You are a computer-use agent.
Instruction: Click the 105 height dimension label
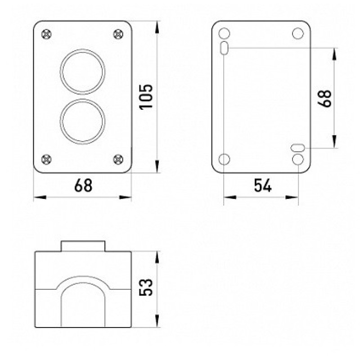(x=146, y=97)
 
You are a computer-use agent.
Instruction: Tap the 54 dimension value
(x=263, y=185)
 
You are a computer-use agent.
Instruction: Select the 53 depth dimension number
(x=146, y=287)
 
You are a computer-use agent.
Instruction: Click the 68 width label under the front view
(x=83, y=185)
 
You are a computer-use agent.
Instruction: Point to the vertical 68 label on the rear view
(x=324, y=99)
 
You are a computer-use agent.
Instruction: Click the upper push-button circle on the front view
(x=82, y=49)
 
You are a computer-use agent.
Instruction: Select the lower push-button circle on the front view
(x=82, y=99)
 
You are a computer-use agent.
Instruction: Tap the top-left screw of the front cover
(x=47, y=35)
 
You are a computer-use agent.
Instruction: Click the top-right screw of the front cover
(x=118, y=35)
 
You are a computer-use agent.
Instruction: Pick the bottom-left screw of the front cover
(x=47, y=159)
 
